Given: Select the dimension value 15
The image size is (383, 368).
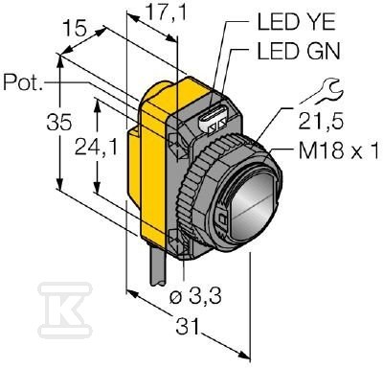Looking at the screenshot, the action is pyautogui.click(x=74, y=29).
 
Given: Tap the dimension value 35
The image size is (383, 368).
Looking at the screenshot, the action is pyautogui.click(x=58, y=122).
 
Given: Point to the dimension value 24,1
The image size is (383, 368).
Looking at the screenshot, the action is pyautogui.click(x=96, y=148).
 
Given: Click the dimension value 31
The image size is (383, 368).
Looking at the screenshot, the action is pyautogui.click(x=187, y=327).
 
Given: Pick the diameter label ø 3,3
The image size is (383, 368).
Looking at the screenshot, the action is pyautogui.click(x=195, y=297).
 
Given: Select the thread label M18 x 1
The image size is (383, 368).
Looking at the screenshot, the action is pyautogui.click(x=340, y=151).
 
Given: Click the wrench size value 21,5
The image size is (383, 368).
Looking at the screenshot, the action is pyautogui.click(x=321, y=122).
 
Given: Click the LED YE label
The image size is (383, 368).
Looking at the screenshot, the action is pyautogui.click(x=297, y=22).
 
